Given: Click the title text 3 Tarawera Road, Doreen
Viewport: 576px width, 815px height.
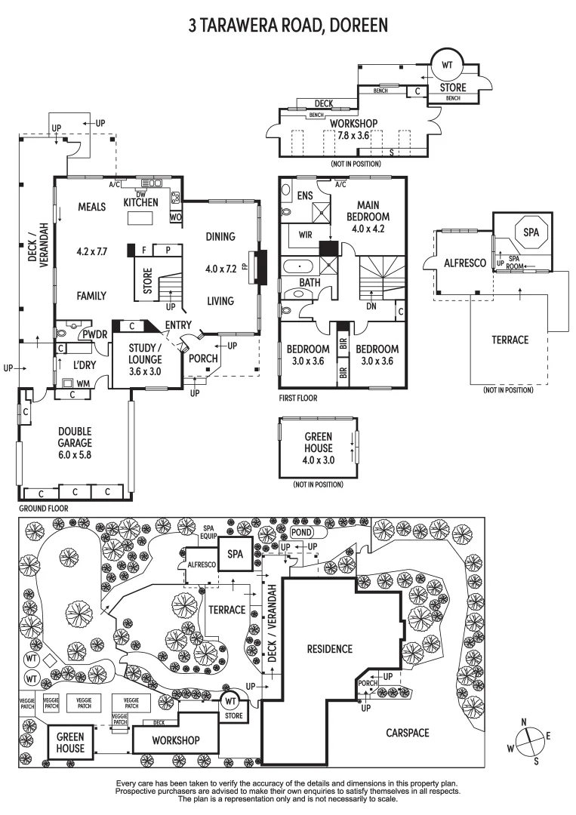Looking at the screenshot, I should point(288,25).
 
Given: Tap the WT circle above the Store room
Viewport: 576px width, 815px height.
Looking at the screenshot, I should point(447,66).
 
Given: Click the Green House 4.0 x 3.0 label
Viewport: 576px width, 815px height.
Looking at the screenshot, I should point(318,447).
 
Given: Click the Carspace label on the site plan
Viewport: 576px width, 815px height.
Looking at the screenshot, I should point(408,732).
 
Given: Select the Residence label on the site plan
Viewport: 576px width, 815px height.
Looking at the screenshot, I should point(329,648).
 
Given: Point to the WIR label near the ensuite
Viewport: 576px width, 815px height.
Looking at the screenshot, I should point(305,235).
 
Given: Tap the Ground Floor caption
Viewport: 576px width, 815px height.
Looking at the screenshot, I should point(43,509).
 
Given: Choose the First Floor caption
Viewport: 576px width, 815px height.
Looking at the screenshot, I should point(298,398).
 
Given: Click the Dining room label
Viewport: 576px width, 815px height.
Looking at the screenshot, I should point(220,236).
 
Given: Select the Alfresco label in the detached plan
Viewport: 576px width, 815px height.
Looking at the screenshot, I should point(458,263).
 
